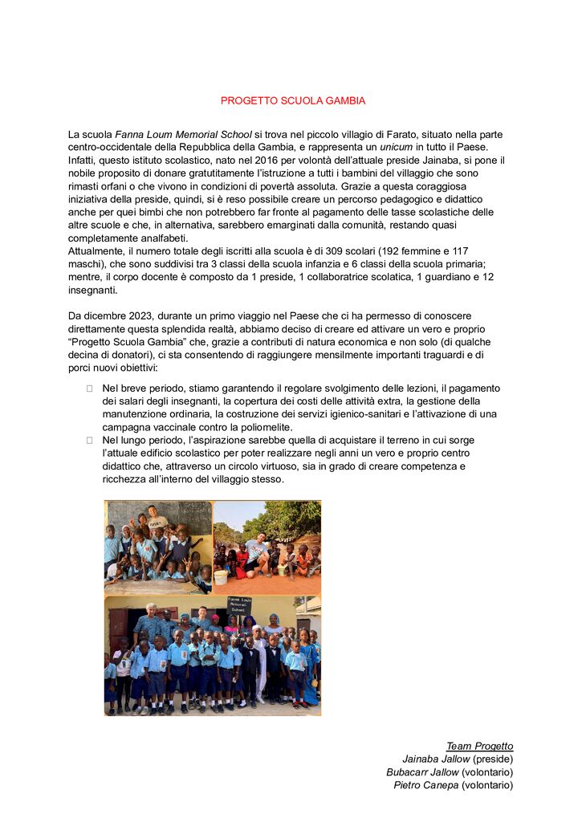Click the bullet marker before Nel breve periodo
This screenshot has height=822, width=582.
pyautogui.click(x=90, y=389)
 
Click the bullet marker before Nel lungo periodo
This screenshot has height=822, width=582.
pyautogui.click(x=90, y=440)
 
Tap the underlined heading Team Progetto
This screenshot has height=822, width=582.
pyautogui.click(x=479, y=747)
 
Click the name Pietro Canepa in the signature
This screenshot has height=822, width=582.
pyautogui.click(x=425, y=785)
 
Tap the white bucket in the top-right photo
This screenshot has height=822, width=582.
pyautogui.click(x=220, y=576)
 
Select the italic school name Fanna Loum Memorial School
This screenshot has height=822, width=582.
pyautogui.click(x=183, y=134)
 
